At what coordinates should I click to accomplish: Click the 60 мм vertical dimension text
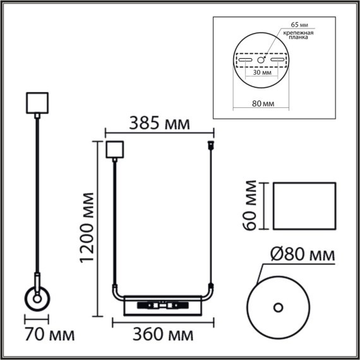click(x=251, y=206)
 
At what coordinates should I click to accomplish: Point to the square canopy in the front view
click(x=114, y=150)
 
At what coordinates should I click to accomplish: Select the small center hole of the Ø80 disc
click(x=277, y=308)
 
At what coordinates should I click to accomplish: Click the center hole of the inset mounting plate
click(x=261, y=60)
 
